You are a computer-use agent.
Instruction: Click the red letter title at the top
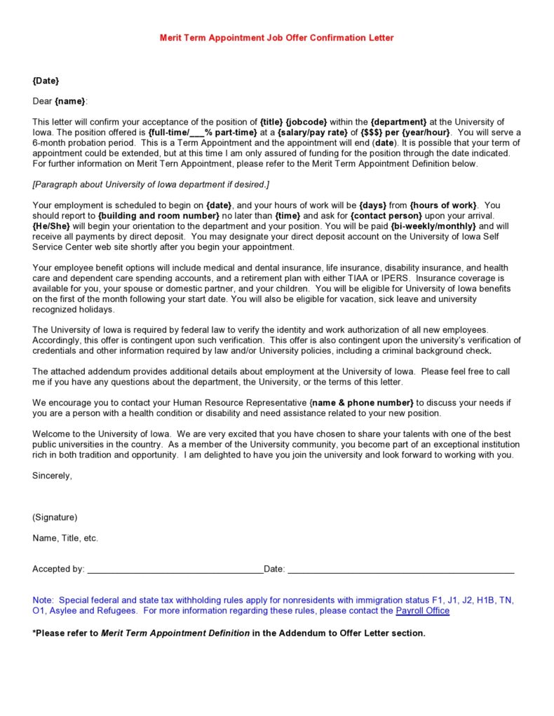277,38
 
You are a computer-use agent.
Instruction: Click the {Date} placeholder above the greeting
46,81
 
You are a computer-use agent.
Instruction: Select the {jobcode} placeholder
306,122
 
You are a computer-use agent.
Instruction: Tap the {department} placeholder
398,122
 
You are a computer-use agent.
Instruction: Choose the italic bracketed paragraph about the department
151,184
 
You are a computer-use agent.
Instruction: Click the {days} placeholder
373,205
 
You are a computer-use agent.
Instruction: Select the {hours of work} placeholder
443,205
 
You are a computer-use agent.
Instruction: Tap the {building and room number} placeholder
158,216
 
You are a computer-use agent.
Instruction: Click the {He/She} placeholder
51,226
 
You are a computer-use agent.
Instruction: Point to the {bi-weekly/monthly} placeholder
433,226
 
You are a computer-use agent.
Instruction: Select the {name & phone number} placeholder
361,403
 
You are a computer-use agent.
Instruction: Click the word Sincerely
52,476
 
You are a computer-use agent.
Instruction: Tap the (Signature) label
55,518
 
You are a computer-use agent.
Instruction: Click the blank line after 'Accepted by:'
175,570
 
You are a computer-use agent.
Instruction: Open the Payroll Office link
422,611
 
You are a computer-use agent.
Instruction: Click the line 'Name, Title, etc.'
65,539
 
